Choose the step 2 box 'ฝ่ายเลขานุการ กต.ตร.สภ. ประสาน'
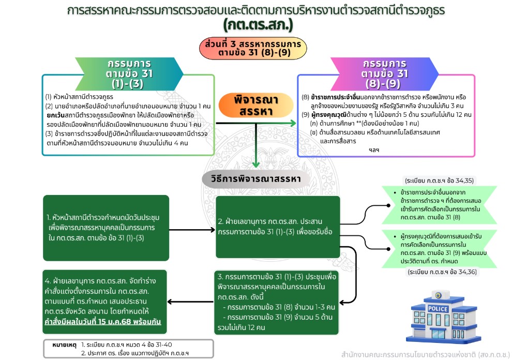point(278,227)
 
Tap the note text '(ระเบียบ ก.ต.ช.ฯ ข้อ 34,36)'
point(440,272)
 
